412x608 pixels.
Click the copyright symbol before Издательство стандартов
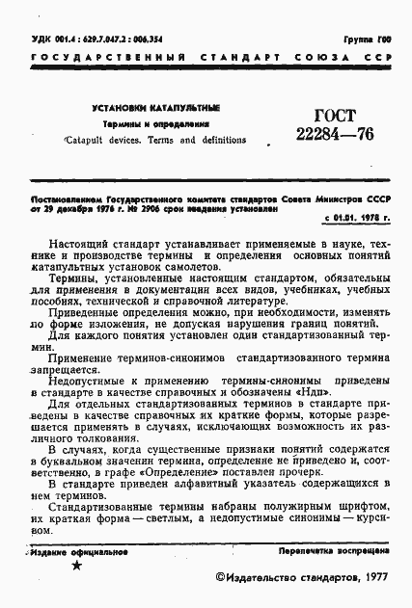(x=219, y=576)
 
